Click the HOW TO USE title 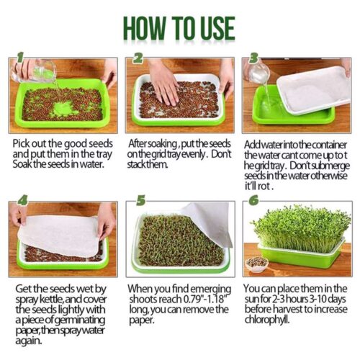point(179,28)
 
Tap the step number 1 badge point(20,58)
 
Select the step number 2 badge point(138,58)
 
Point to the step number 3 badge point(254,58)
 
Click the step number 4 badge point(23,201)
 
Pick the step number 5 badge point(141,200)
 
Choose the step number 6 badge point(254,200)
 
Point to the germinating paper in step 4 point(59,235)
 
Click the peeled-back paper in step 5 point(208,223)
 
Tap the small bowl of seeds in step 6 point(257,264)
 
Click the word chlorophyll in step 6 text point(267,320)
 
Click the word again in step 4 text point(29,341)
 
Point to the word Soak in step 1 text point(22,164)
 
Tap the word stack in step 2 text point(137,164)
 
